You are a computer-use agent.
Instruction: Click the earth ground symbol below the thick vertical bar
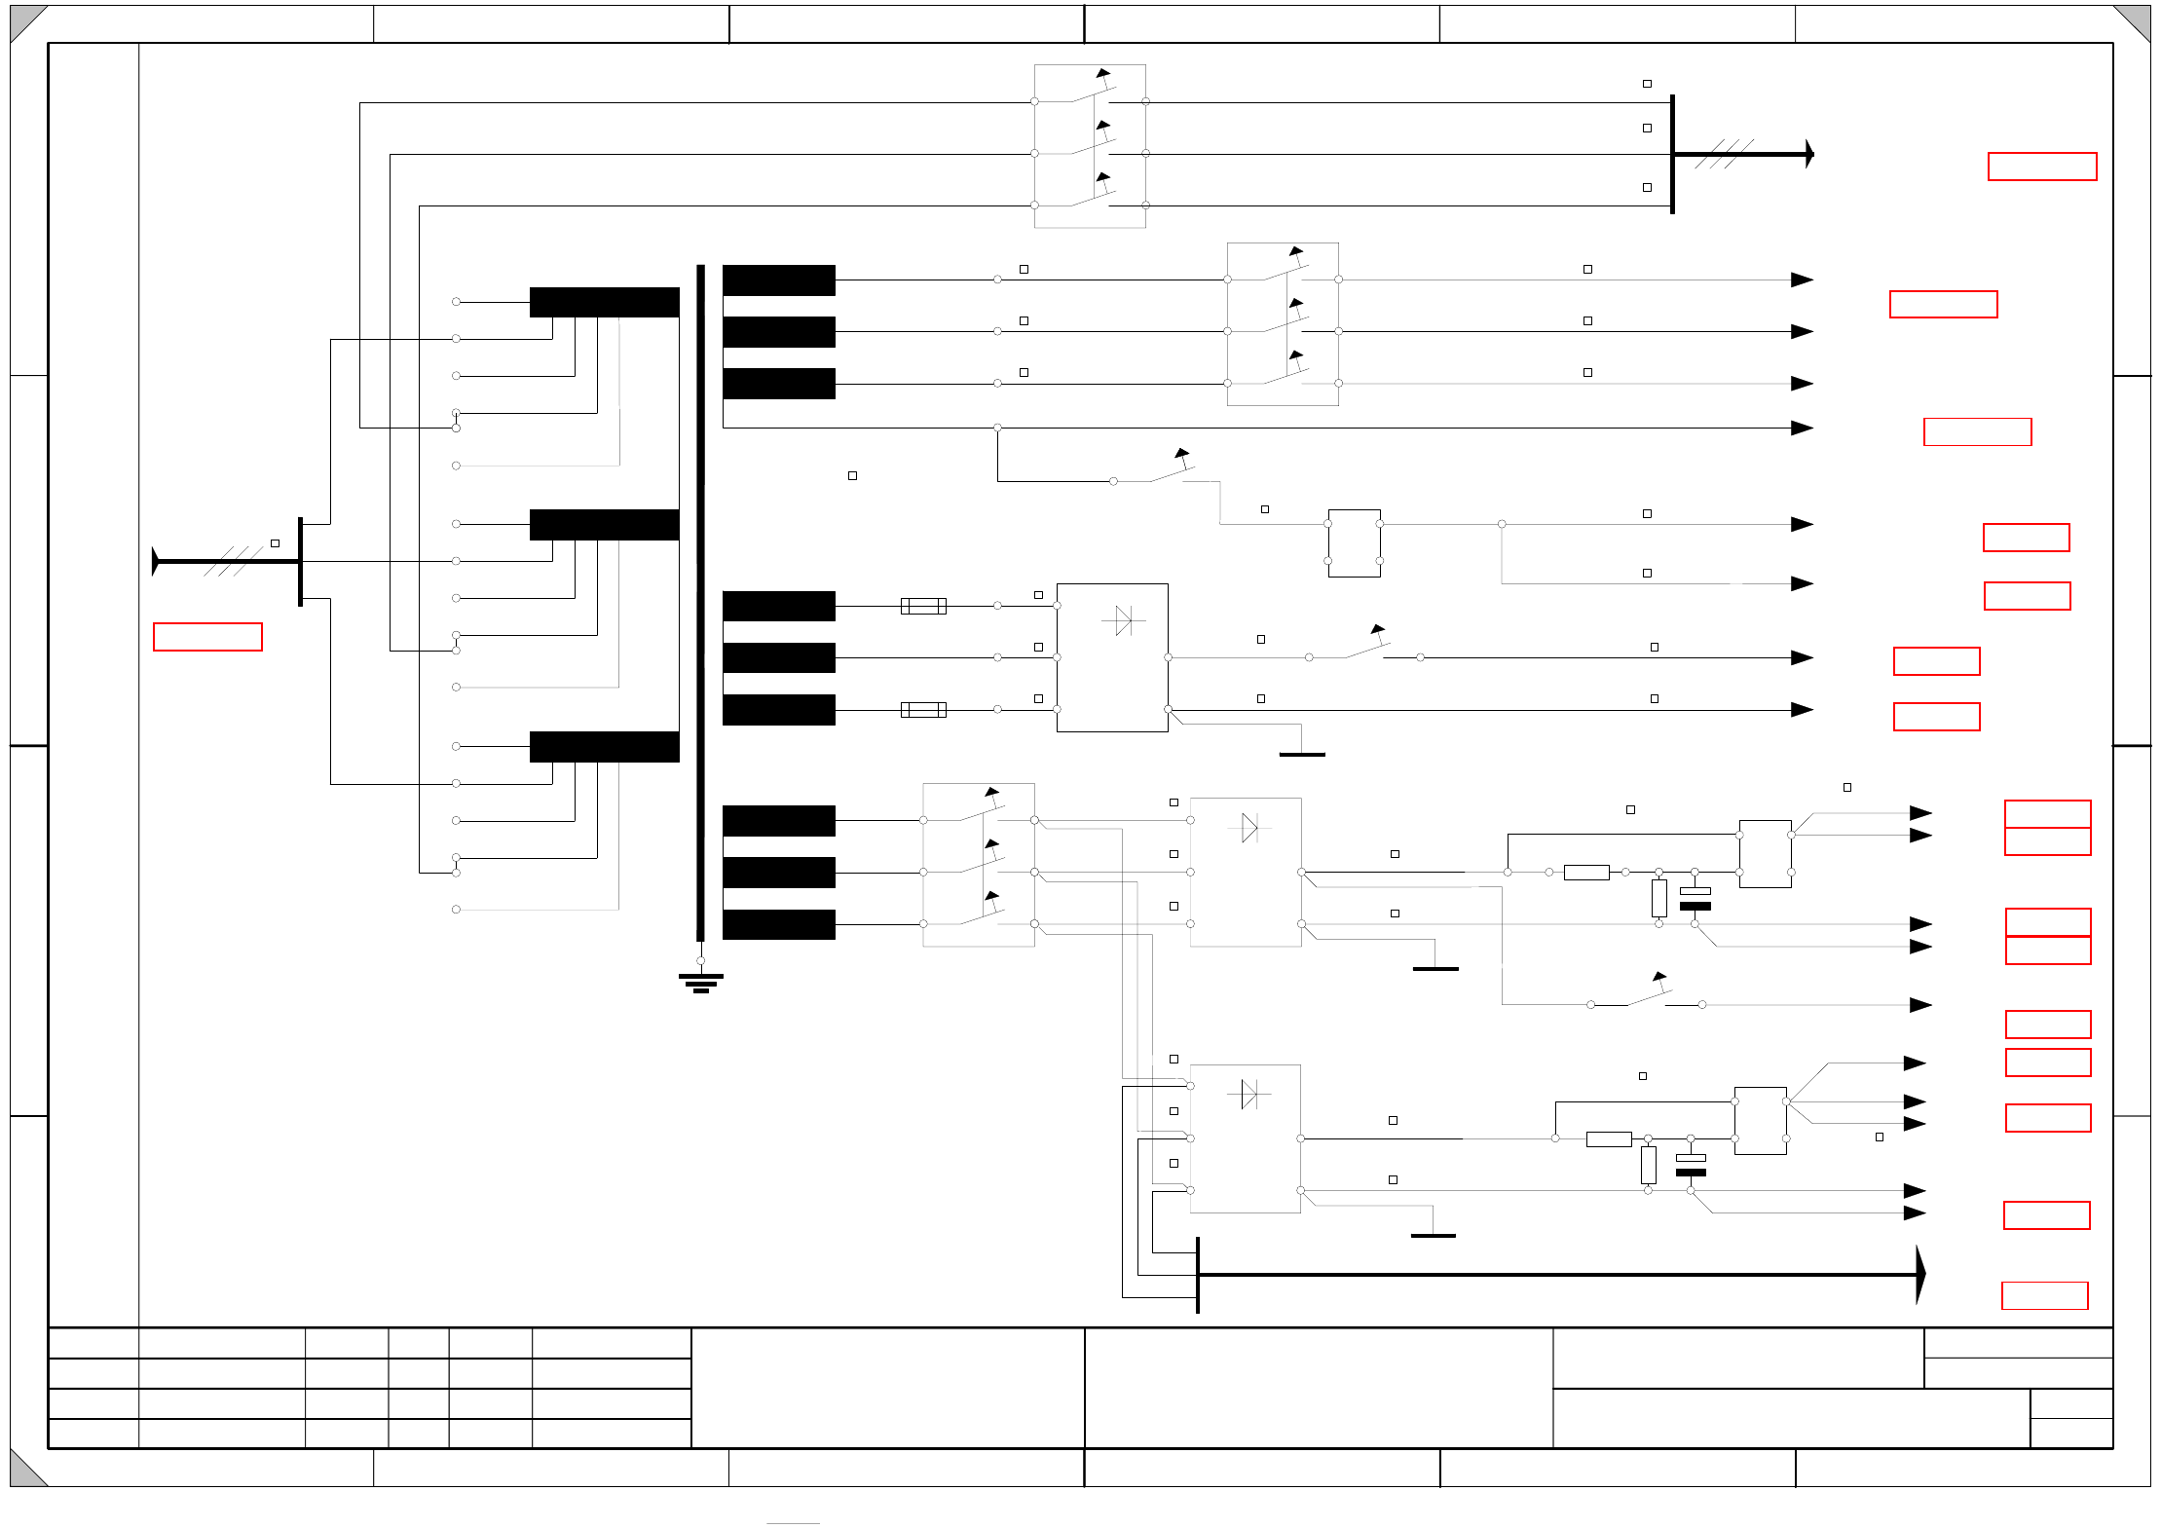[700, 982]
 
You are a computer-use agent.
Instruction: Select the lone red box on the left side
[207, 637]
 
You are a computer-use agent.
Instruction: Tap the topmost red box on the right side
[2041, 167]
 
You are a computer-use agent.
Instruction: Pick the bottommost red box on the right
[2044, 1295]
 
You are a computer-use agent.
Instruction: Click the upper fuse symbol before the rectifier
[923, 606]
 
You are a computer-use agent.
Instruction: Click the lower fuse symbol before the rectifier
[923, 710]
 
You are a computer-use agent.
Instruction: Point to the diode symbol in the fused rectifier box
[1123, 620]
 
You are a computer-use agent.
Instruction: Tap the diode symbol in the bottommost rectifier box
[1248, 1094]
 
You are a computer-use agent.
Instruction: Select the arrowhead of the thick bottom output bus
[1919, 1274]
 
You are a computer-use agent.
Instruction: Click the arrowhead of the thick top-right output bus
[1809, 154]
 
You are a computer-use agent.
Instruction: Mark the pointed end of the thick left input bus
[156, 561]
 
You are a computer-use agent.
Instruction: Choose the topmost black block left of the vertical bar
[604, 302]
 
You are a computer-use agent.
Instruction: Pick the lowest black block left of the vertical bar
[604, 747]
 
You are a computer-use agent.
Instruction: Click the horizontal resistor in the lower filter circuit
[1609, 1138]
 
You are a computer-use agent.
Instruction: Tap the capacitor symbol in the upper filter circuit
[1695, 898]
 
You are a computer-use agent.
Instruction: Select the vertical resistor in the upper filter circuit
[1658, 898]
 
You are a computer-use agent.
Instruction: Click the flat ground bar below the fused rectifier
[1301, 754]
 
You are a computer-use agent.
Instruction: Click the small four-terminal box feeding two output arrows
[1354, 543]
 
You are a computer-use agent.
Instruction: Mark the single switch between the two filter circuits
[1648, 997]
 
